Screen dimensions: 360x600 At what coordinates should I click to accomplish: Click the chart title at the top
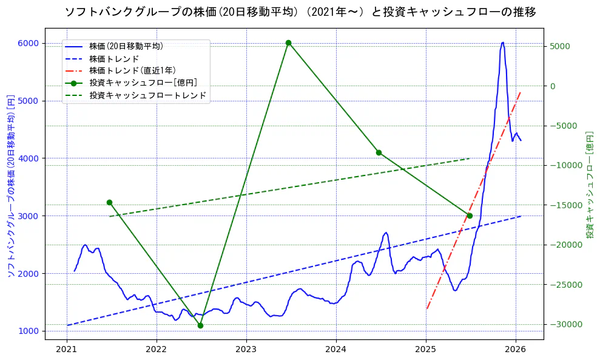tap(300, 12)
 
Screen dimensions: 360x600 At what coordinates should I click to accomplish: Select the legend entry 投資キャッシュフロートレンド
tap(147, 95)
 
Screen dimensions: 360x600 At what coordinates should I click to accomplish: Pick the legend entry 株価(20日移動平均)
tap(126, 46)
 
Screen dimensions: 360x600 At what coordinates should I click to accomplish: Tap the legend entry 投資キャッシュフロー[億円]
tap(143, 83)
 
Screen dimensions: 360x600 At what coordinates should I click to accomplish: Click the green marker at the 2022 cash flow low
tap(200, 325)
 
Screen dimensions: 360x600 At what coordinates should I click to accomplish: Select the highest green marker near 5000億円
tap(288, 42)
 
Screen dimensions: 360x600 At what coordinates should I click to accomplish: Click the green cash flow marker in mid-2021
tap(109, 202)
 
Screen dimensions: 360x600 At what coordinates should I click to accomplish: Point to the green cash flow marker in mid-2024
tap(379, 152)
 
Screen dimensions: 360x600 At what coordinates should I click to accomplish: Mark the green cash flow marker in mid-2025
tap(470, 216)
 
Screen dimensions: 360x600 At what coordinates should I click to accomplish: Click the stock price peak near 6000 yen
tap(502, 43)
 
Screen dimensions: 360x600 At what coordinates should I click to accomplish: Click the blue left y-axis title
tap(10, 185)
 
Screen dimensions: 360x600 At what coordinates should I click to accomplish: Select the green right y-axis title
tap(589, 185)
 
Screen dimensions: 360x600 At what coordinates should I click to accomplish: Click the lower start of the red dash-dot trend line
tap(426, 308)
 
